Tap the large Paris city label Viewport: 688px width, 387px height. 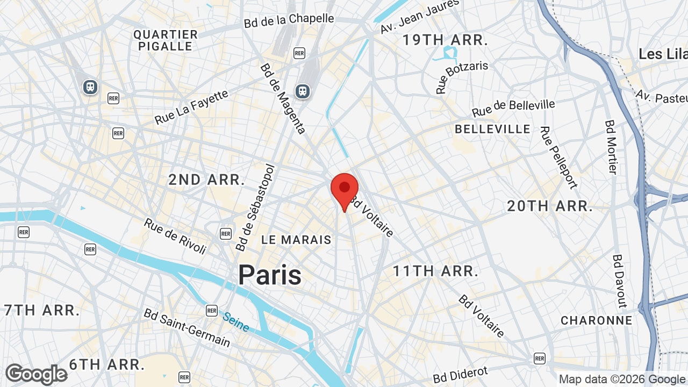tap(270, 275)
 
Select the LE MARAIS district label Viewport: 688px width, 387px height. tap(296, 240)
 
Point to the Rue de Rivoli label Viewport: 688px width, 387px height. tap(175, 236)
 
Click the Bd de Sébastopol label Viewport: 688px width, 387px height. tap(255, 207)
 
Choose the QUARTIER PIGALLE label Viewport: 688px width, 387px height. tap(166, 40)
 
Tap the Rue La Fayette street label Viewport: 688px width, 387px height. tap(191, 107)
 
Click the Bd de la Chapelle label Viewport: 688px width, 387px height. tap(289, 20)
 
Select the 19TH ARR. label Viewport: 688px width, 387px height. tap(445, 40)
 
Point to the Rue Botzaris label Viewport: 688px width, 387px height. tap(462, 77)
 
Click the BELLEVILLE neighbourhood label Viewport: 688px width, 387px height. tap(492, 129)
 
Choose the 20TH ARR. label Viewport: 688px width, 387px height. tap(550, 206)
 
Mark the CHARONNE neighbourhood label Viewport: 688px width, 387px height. tap(596, 320)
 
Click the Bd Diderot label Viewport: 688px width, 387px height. tap(461, 375)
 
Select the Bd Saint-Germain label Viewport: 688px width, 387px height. tap(187, 327)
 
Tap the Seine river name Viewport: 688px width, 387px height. tap(236, 322)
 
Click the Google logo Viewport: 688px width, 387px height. tap(36, 374)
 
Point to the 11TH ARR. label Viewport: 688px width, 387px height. tap(435, 271)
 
